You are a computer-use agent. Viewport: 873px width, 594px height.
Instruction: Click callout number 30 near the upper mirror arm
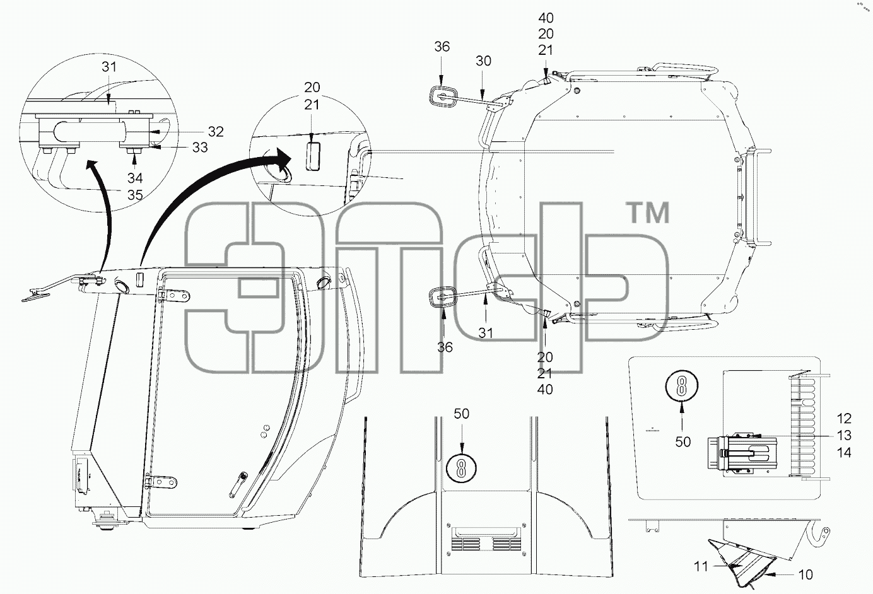pos(483,61)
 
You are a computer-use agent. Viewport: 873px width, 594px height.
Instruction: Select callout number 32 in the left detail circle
pos(216,132)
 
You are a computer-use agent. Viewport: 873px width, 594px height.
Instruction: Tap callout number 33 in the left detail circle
pos(200,148)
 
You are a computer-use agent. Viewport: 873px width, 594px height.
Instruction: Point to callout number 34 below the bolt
pos(135,178)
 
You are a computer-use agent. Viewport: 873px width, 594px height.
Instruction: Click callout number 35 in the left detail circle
pos(135,195)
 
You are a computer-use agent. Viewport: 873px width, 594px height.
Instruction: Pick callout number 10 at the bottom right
pos(806,574)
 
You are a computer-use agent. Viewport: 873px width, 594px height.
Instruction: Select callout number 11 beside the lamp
pos(701,566)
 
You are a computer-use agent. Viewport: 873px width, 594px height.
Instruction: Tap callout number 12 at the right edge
pos(844,419)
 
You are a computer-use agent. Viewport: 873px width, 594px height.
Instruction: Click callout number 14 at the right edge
pos(844,453)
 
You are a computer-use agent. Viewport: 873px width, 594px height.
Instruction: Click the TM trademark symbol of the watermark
pos(649,213)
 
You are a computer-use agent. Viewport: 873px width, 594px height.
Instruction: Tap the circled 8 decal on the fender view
pos(462,469)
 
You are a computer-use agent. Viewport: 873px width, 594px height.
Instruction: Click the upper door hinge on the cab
pos(174,296)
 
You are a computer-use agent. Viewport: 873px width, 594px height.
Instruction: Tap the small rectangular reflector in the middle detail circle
pos(313,156)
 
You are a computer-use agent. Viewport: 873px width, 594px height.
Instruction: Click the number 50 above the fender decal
pos(462,414)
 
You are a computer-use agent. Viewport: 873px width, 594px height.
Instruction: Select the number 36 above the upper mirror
pos(442,47)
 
